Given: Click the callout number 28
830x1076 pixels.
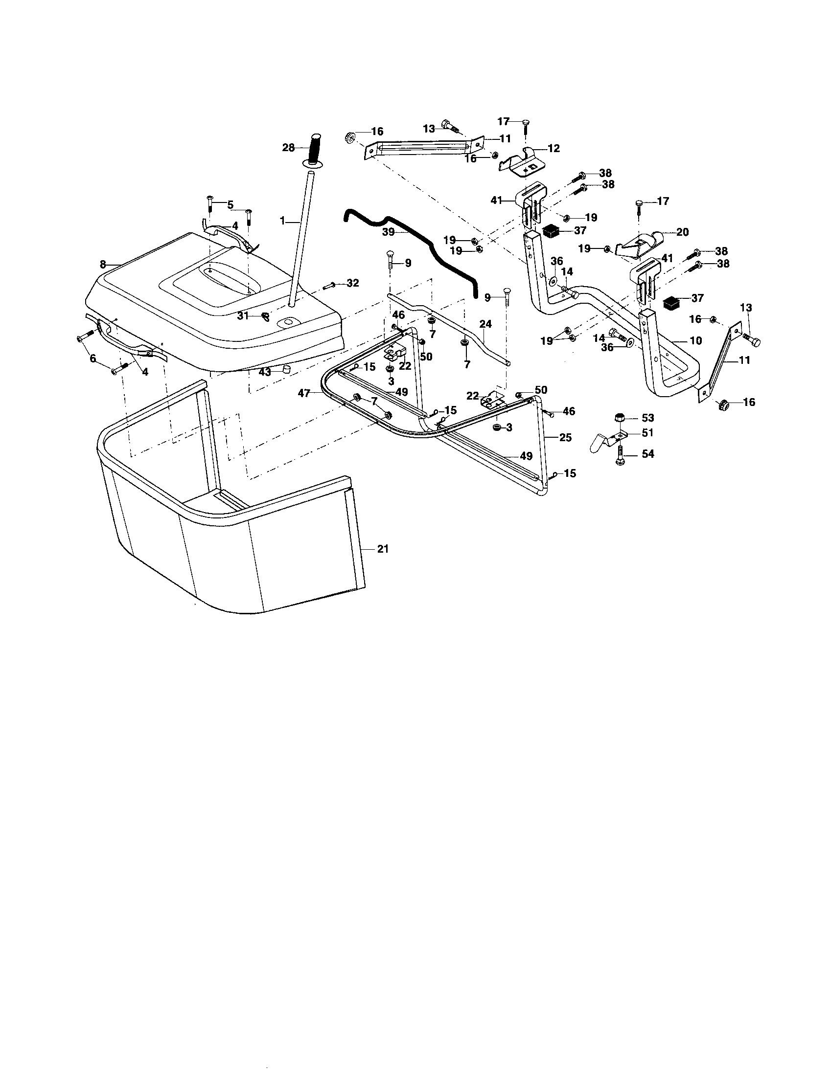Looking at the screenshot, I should [x=288, y=147].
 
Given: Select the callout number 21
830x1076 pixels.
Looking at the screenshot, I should [x=383, y=549].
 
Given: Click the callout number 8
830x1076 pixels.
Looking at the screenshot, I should [x=102, y=265].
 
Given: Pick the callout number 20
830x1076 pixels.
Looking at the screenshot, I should [x=683, y=232].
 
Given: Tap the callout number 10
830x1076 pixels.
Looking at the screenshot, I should [x=695, y=340].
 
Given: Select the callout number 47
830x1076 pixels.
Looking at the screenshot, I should [x=304, y=393].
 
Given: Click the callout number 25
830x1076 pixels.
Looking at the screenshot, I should [x=565, y=438].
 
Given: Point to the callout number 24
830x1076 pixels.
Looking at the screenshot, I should [x=485, y=324].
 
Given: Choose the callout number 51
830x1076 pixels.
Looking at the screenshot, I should [x=647, y=432].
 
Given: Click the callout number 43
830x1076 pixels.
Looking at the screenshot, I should [x=265, y=373].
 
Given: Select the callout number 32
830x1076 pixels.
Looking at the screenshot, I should [x=353, y=283].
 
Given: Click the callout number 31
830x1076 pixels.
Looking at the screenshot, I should [x=243, y=316].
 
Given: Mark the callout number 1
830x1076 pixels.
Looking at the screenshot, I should [x=283, y=222].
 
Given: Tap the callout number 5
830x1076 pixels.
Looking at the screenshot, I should [x=230, y=205].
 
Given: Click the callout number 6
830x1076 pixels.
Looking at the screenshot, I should [x=92, y=359].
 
